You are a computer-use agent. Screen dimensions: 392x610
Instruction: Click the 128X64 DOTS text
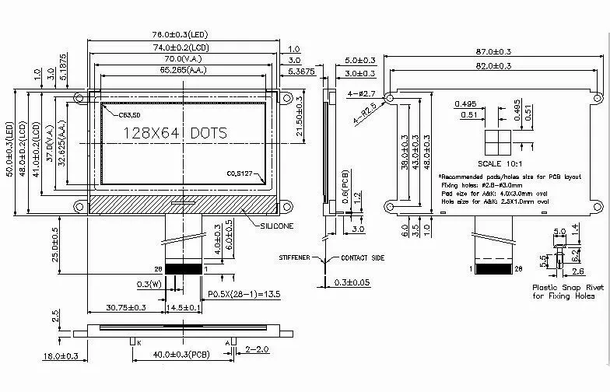pyautogui.click(x=176, y=133)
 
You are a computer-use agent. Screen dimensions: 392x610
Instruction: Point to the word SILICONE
pyautogui.click(x=277, y=226)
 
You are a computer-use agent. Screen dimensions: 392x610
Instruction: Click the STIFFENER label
pyautogui.click(x=296, y=257)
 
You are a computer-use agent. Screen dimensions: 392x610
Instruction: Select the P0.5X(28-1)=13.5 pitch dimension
pyautogui.click(x=244, y=293)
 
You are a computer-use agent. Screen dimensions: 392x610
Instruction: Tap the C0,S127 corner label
pyautogui.click(x=241, y=173)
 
